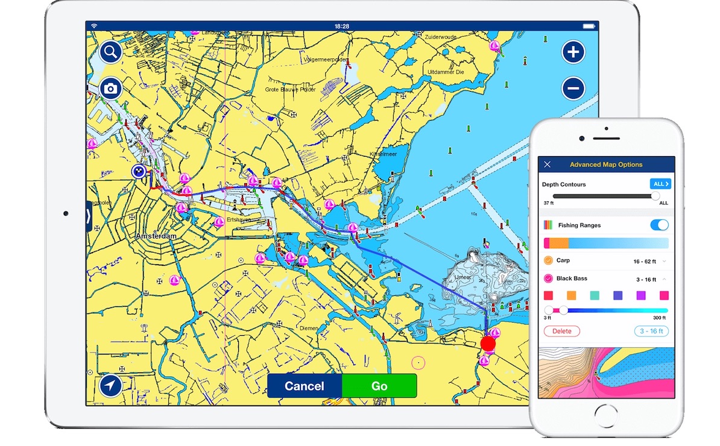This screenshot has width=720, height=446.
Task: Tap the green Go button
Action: point(379,386)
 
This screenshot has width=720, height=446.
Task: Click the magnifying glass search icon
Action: point(110,52)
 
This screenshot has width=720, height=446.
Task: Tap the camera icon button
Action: point(110,89)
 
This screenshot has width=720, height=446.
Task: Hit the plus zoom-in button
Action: point(573,52)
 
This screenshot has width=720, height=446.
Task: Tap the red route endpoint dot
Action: point(488,344)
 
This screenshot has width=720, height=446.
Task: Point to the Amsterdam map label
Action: point(156,236)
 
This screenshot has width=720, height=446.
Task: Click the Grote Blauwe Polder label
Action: point(290,89)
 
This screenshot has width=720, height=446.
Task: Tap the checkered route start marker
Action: point(139,172)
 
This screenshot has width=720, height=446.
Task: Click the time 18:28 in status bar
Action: point(342,27)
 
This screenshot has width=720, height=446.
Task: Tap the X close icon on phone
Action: point(547,165)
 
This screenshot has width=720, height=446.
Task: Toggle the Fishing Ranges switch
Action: point(659,225)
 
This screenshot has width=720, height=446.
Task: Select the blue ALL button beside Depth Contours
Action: point(660,184)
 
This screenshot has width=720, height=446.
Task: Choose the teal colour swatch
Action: point(594,295)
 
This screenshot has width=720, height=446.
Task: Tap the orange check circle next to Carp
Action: point(548,260)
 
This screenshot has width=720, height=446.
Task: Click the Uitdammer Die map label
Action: point(445,72)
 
